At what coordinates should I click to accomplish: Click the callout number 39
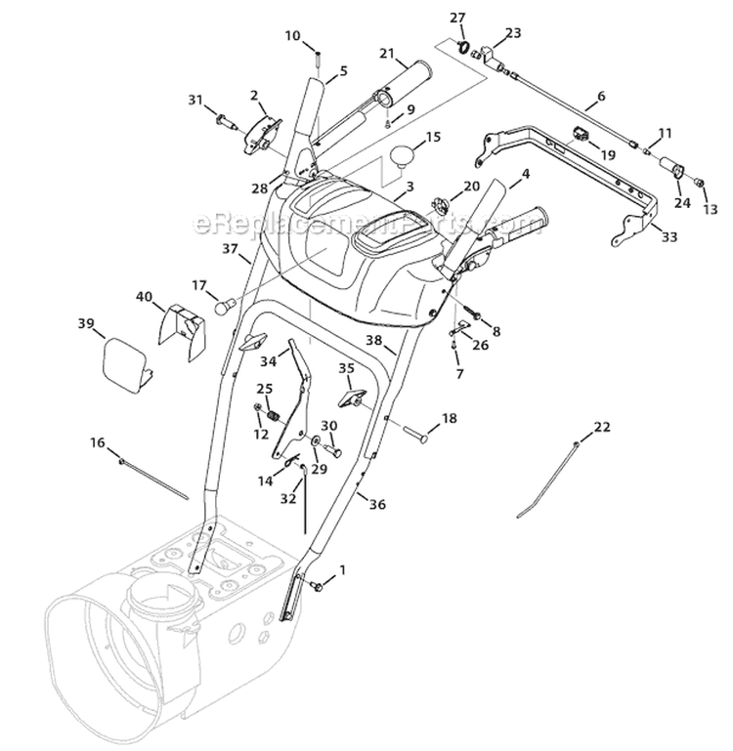[85, 323]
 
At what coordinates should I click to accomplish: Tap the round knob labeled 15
[406, 157]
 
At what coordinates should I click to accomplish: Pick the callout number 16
[97, 442]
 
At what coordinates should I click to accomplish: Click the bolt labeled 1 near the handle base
[318, 585]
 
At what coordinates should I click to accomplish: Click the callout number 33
[668, 236]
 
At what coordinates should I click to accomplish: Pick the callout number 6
[601, 98]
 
